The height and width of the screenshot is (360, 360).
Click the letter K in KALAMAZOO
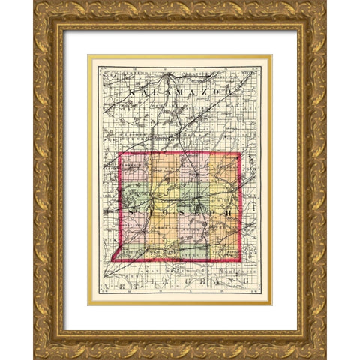[133, 91]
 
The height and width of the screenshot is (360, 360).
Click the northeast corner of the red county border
[240, 154]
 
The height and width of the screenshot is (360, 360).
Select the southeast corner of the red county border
[240, 260]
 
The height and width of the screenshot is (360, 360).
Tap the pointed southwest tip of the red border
[112, 261]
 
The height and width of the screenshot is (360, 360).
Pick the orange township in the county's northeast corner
[225, 168]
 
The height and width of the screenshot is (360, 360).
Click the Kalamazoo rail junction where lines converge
[174, 75]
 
